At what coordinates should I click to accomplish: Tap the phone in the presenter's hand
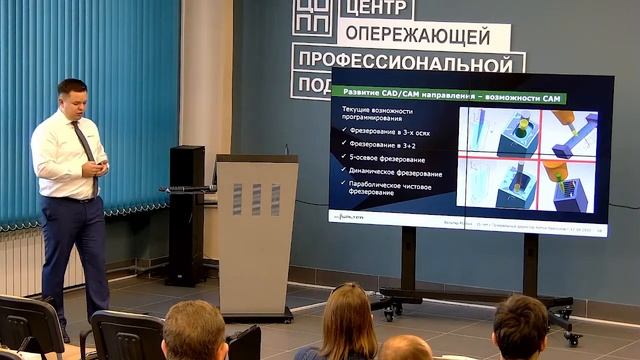pos(102,162)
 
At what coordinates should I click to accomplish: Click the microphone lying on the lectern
pos(190,188)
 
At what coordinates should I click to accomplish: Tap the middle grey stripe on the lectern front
pos(257,199)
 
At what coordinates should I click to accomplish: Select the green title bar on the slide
pos(449,97)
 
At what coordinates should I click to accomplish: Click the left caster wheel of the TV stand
pos(389,312)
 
